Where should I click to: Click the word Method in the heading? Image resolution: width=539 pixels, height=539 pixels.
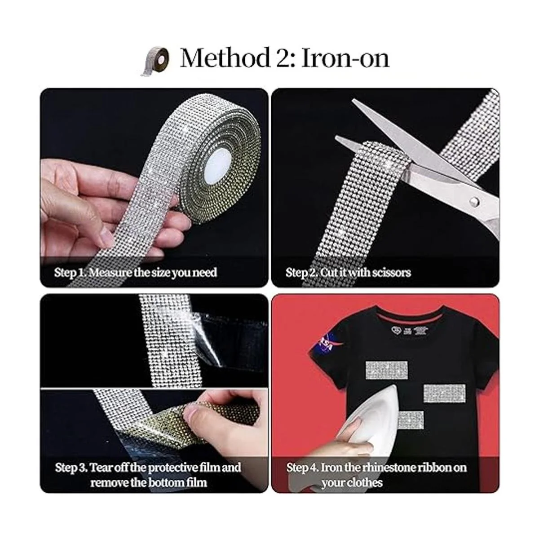[225, 58]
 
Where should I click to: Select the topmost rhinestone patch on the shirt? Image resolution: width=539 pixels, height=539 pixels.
[386, 370]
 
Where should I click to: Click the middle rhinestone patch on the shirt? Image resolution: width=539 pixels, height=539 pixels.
[444, 393]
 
